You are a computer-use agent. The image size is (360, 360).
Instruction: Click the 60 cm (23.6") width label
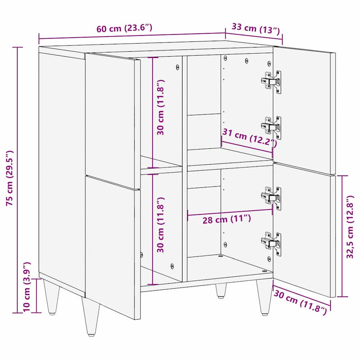click(x=124, y=28)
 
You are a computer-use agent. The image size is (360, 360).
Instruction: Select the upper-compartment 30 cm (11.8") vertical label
click(x=161, y=107)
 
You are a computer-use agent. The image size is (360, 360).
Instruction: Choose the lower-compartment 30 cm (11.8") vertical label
click(x=161, y=225)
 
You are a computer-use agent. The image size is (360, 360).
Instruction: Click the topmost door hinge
click(x=272, y=81)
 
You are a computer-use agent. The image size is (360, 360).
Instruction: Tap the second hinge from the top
click(x=272, y=126)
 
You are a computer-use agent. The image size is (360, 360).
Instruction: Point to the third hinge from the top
click(x=272, y=198)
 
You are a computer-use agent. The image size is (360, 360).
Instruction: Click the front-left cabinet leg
click(x=92, y=317)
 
